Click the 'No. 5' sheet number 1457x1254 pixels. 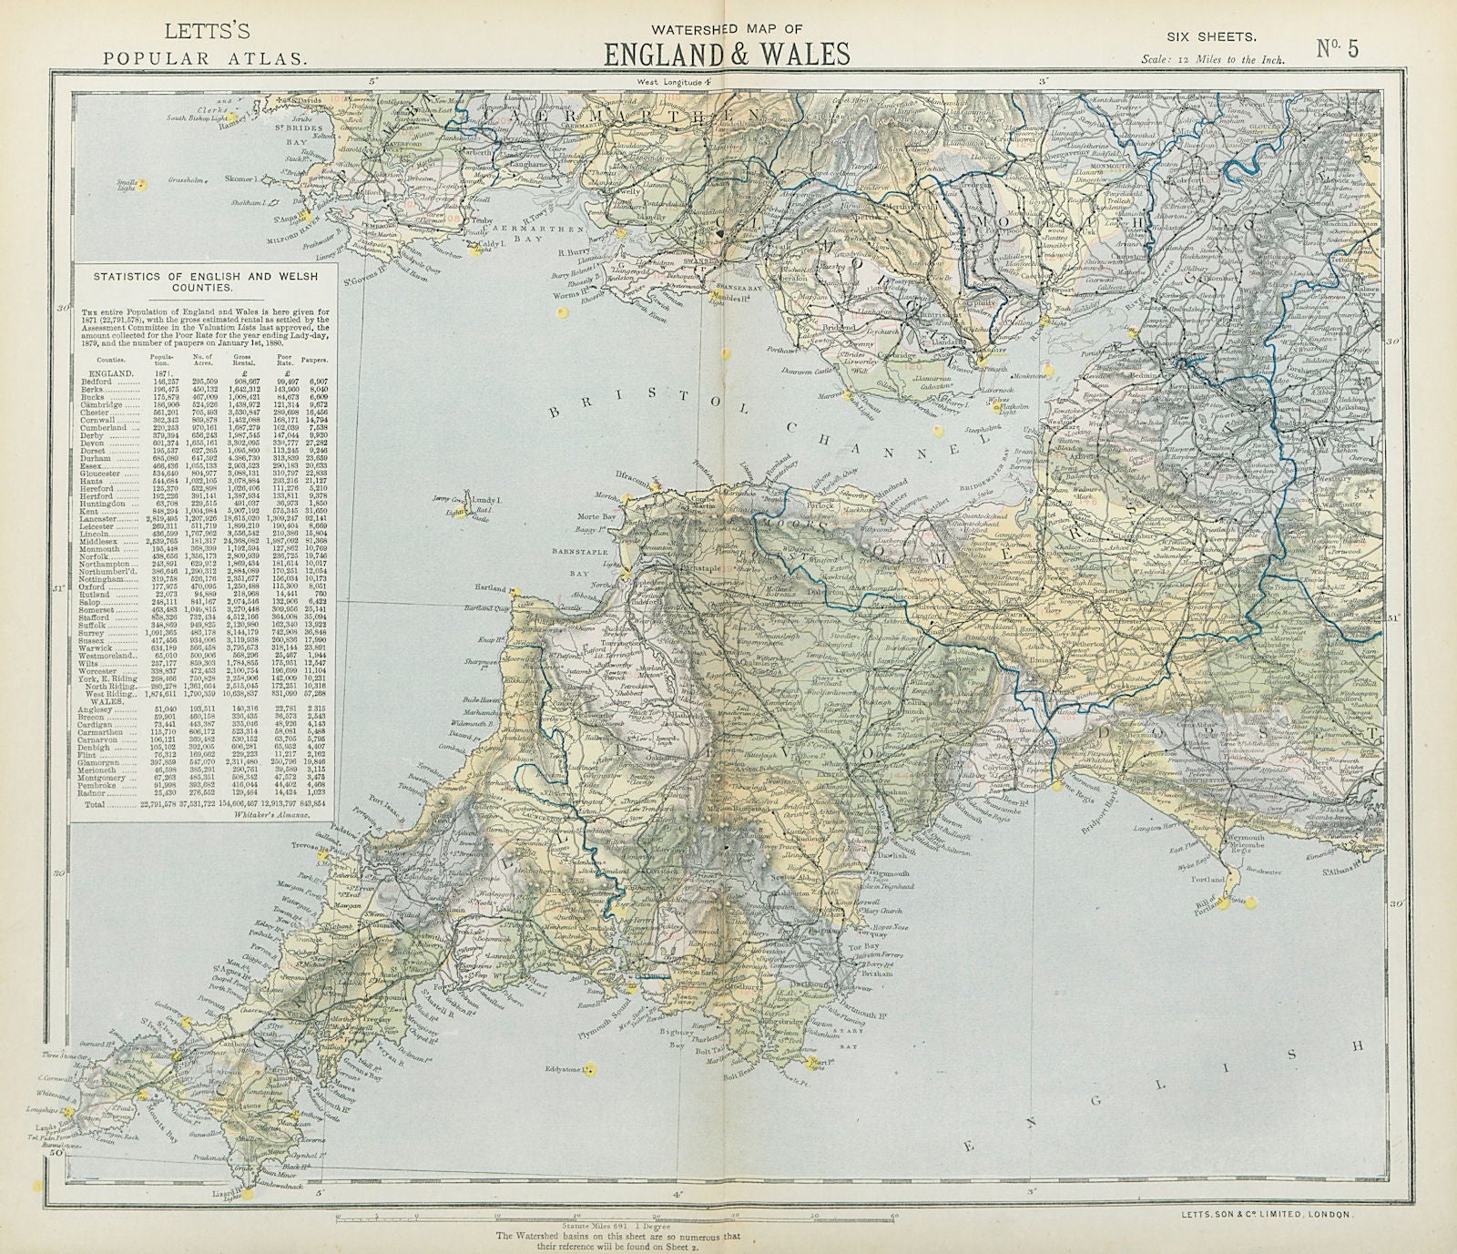(1337, 48)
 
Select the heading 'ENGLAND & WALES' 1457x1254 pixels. (728, 54)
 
